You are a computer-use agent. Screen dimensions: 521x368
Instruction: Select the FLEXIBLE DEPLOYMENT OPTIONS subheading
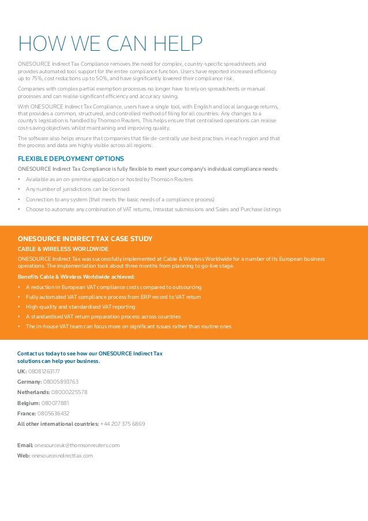coord(71,159)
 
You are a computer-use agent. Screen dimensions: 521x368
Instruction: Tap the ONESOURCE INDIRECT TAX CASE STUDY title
coord(85,239)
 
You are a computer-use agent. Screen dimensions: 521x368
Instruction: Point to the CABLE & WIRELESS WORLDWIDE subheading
coord(63,249)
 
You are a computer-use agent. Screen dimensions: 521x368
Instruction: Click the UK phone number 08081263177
coord(44,372)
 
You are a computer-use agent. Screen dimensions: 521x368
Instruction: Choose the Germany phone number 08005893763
coord(61,382)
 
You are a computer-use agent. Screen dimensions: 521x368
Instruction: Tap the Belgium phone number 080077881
coord(55,403)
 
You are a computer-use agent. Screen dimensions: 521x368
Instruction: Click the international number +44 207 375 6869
coord(122,423)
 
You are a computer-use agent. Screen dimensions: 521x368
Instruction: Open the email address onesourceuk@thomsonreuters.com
coord(77,445)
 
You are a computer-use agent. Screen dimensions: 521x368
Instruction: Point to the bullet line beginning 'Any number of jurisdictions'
coord(77,189)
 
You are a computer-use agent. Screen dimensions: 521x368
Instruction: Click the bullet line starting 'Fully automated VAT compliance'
coord(113,297)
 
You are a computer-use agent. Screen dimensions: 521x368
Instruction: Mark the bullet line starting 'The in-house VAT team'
coord(128,327)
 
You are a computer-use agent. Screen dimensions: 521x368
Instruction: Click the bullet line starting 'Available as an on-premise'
coord(109,179)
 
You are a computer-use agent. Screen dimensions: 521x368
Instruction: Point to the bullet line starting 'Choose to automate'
coord(153,209)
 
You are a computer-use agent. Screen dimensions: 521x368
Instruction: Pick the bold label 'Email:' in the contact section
coord(25,445)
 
